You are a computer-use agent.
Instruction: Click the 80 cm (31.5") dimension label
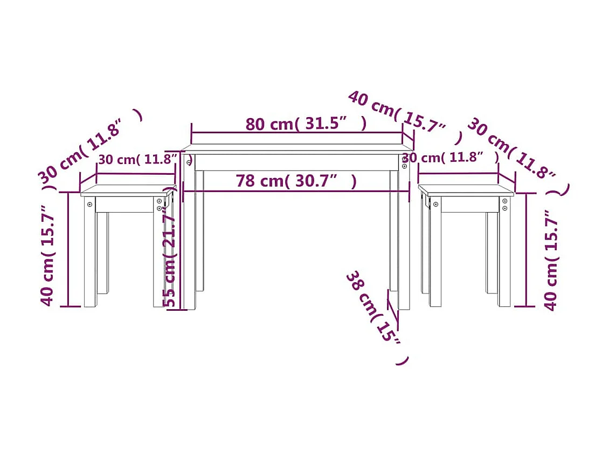tap(306, 124)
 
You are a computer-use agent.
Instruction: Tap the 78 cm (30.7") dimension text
tap(295, 181)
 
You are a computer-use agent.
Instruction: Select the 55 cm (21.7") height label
tap(170, 259)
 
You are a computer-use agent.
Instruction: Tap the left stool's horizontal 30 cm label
tap(138, 160)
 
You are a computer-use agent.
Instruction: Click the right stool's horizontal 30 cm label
tap(450, 158)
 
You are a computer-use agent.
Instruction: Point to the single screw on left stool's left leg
tap(90, 206)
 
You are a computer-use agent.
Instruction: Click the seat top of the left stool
tap(127, 189)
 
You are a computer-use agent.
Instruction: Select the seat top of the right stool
tap(466, 189)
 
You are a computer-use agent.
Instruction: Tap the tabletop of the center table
tap(296, 148)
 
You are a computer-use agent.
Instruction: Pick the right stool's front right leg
tap(504, 254)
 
